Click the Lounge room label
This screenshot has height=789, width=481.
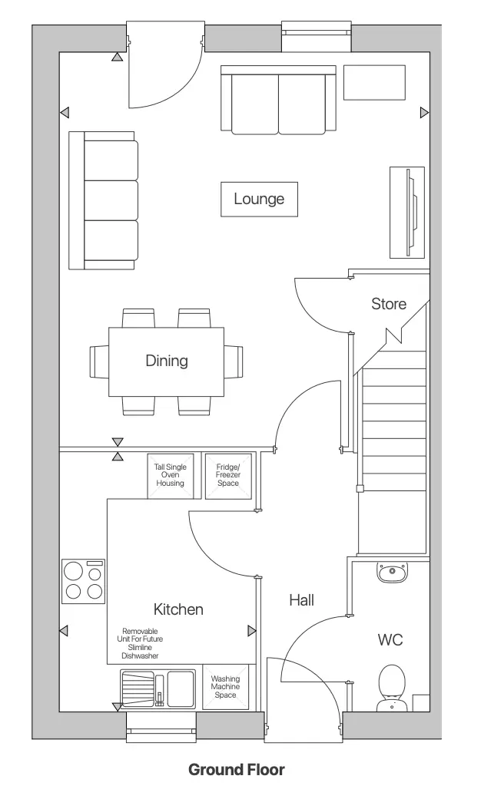[x=259, y=199]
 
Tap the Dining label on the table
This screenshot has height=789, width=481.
[x=167, y=361]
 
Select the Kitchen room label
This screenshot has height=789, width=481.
[x=178, y=609]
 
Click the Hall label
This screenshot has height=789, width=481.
[x=301, y=600]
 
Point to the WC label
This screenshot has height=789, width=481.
[x=390, y=639]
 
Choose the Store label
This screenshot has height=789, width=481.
[x=388, y=304]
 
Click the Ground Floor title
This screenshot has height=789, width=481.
[x=236, y=769]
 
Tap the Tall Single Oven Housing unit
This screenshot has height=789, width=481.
[x=170, y=476]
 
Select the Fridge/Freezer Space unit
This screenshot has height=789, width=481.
[x=228, y=476]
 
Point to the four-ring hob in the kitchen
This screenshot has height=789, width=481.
[x=84, y=581]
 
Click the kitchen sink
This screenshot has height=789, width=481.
[x=158, y=688]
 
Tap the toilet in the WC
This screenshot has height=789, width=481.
[x=393, y=688]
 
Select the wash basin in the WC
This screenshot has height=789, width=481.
[x=393, y=572]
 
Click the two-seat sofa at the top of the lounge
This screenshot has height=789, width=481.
[x=278, y=100]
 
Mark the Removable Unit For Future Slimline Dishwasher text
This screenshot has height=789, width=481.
[x=140, y=643]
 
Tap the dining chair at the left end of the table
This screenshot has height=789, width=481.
[x=99, y=361]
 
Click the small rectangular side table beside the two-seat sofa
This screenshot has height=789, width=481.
[x=374, y=82]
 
